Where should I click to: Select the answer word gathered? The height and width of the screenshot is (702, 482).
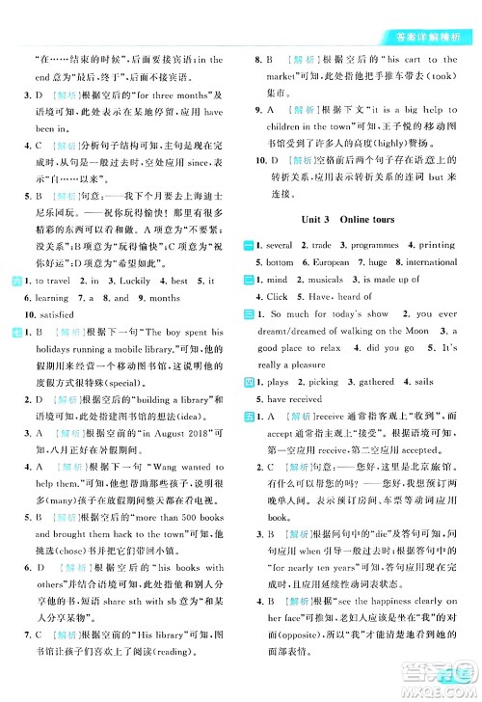[x=368, y=383]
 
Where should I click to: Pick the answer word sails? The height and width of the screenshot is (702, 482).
[x=426, y=383]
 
